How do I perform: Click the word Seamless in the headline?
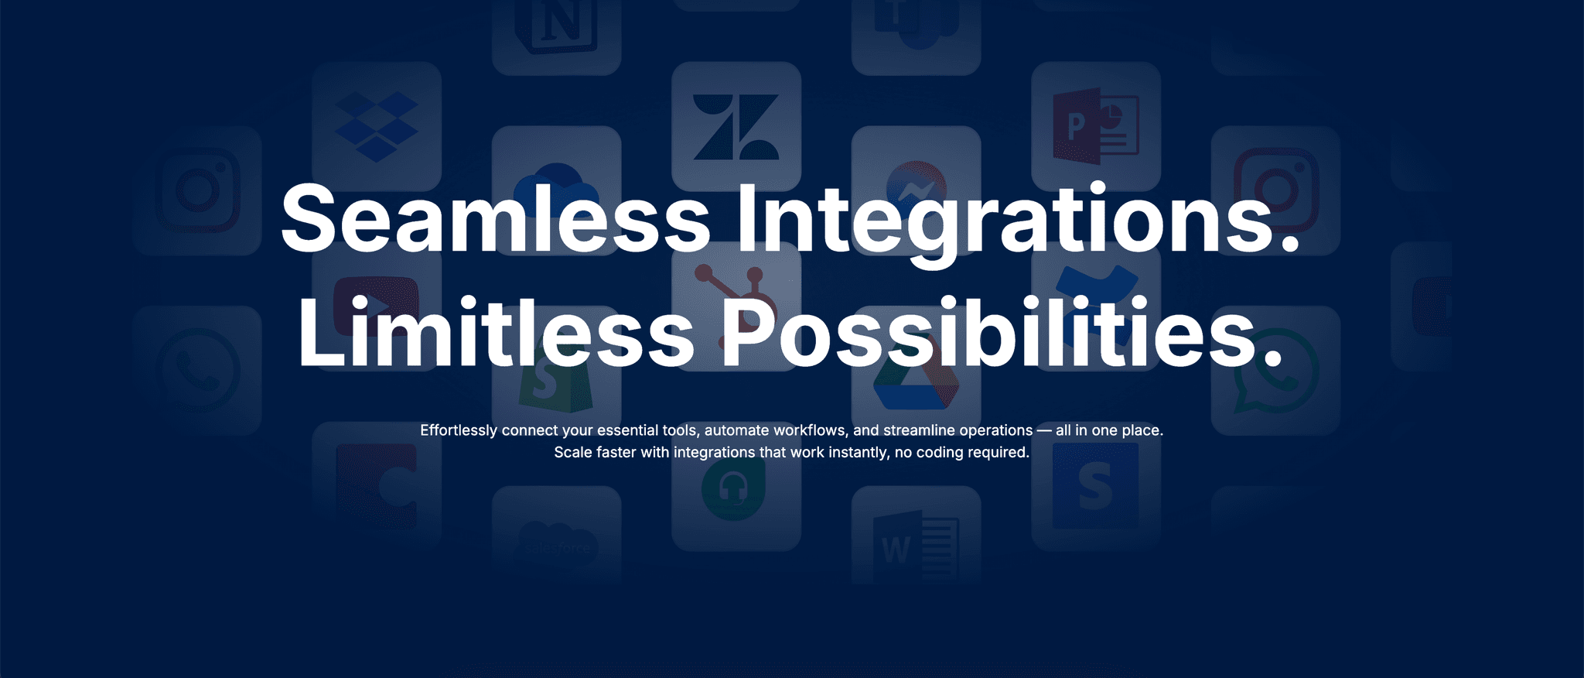click(x=496, y=218)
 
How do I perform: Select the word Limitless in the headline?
click(x=497, y=330)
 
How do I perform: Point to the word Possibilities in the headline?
click(x=1001, y=330)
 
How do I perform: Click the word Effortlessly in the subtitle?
click(x=459, y=430)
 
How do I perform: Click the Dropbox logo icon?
click(x=377, y=126)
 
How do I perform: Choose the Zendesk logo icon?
click(x=736, y=127)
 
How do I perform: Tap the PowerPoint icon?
click(x=1096, y=126)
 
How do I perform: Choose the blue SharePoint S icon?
click(x=1095, y=486)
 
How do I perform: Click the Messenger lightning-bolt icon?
click(x=916, y=190)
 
